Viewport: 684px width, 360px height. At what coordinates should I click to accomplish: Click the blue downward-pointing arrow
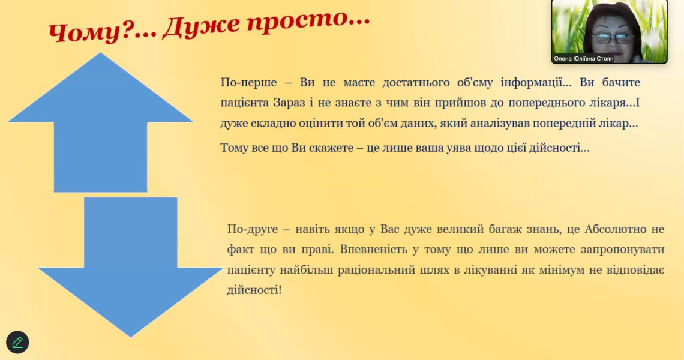tap(131, 270)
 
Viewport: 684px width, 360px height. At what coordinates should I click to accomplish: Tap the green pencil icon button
tap(17, 342)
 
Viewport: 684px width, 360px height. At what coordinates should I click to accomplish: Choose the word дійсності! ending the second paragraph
tap(254, 290)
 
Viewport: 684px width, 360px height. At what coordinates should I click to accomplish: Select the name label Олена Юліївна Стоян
tap(584, 59)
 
